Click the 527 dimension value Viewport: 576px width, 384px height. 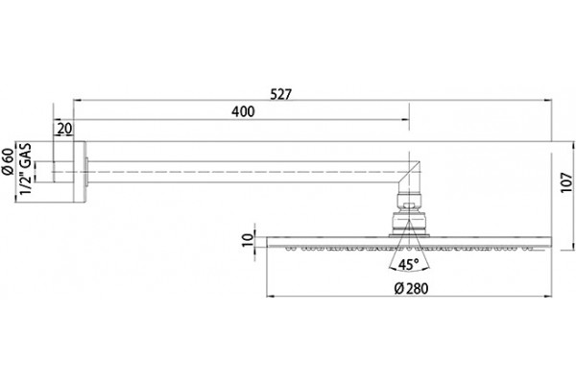pyautogui.click(x=280, y=94)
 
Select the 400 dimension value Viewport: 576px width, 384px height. pyautogui.click(x=243, y=111)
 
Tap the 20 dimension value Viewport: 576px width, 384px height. pyautogui.click(x=64, y=129)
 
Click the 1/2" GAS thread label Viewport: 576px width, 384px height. pyautogui.click(x=25, y=169)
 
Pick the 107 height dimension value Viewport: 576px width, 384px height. pyautogui.click(x=566, y=182)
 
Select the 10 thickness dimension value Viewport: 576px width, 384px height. pyautogui.click(x=249, y=240)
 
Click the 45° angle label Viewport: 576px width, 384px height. pyautogui.click(x=409, y=264)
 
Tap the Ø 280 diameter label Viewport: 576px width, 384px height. pyautogui.click(x=411, y=288)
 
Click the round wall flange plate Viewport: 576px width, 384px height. pyautogui.click(x=80, y=172)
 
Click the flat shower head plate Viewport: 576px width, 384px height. pyautogui.click(x=409, y=242)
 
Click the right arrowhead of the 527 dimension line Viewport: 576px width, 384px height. pyautogui.click(x=548, y=100)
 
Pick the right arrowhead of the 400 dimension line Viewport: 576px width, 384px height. pyautogui.click(x=405, y=119)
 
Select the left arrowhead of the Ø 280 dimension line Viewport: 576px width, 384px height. pyautogui.click(x=271, y=296)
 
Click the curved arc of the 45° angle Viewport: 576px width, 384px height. pyautogui.click(x=409, y=270)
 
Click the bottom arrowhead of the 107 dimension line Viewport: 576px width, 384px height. pyautogui.click(x=573, y=246)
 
